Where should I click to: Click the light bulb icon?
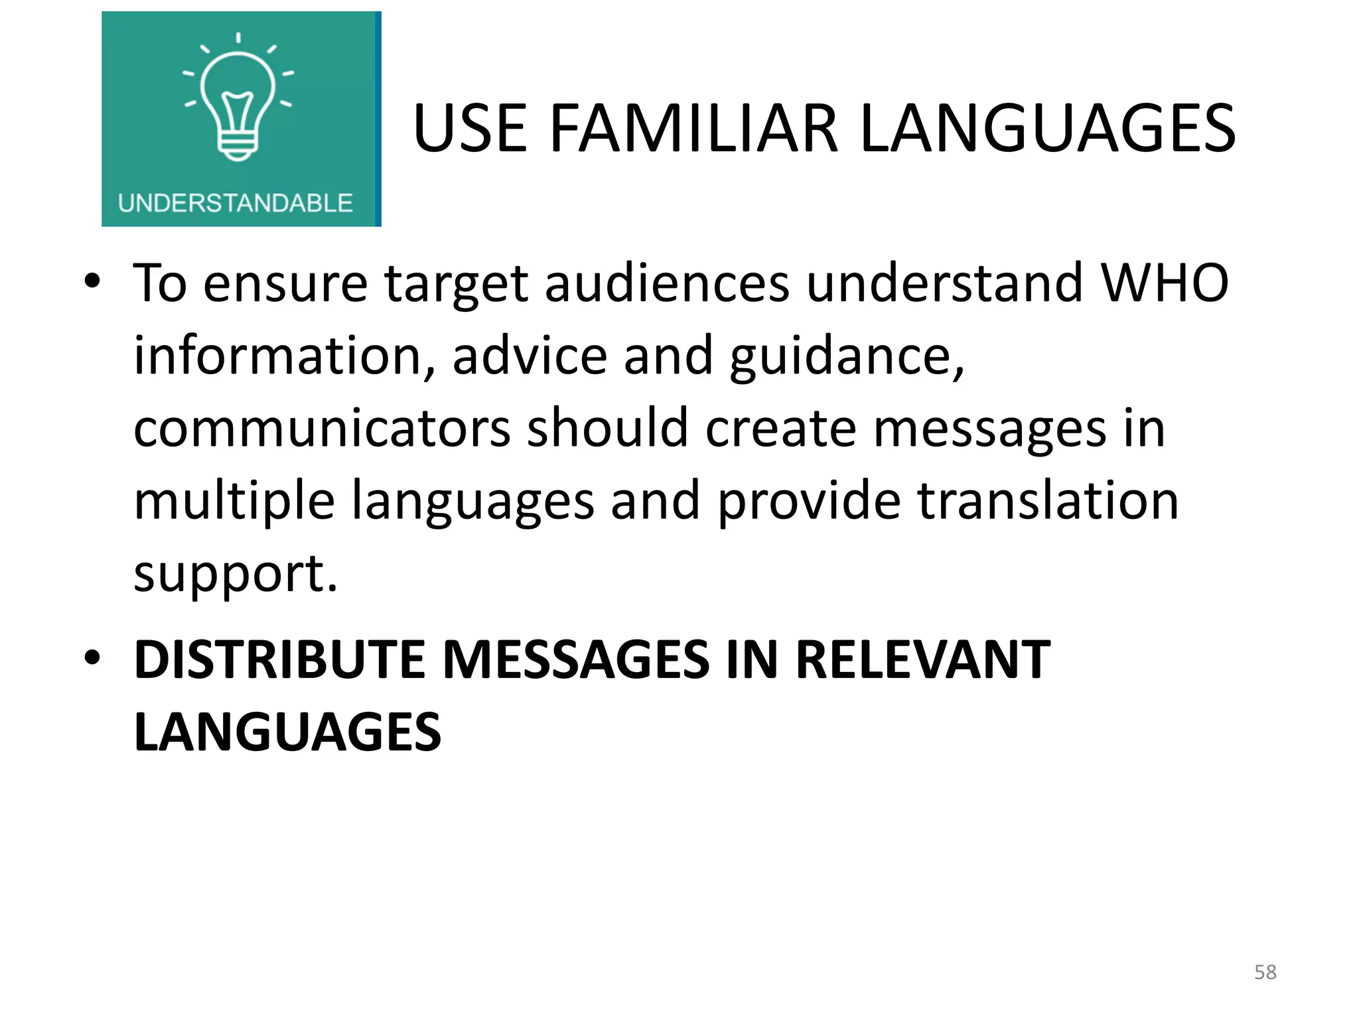[x=238, y=100]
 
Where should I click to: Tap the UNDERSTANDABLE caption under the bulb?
[x=235, y=203]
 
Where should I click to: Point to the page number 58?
[x=1265, y=972]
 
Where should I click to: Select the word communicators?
[x=322, y=428]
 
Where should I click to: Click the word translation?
[x=1048, y=500]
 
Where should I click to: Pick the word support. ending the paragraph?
[x=236, y=575]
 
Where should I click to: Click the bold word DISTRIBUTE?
[x=279, y=660]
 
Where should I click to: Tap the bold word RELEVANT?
[x=922, y=660]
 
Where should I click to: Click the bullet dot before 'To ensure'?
[x=92, y=282]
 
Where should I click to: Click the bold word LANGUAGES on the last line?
[x=287, y=732]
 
